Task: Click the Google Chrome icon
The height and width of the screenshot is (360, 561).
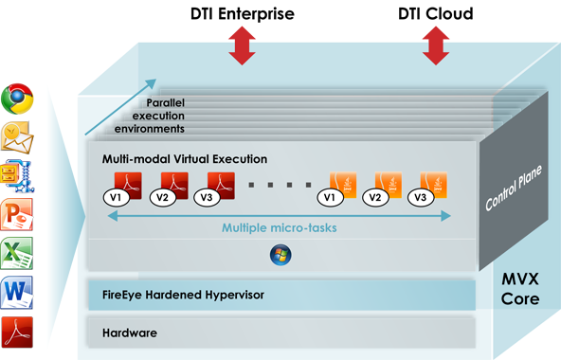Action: tap(18, 98)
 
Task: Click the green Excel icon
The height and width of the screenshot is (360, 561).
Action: tap(18, 251)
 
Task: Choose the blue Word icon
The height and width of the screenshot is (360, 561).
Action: tap(18, 290)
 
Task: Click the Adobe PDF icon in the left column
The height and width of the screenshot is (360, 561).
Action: tap(18, 330)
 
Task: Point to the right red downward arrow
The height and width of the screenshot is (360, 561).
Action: tap(436, 47)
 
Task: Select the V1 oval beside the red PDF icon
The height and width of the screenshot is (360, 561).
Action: tap(114, 197)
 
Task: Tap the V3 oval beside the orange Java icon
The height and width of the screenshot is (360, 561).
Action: tap(421, 197)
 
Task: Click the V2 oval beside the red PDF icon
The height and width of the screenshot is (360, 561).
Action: tap(162, 197)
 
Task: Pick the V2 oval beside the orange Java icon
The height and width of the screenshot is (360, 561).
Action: tap(375, 197)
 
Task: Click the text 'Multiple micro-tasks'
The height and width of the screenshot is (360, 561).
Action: tap(279, 228)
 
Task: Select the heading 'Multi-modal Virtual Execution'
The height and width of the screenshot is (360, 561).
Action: tap(178, 159)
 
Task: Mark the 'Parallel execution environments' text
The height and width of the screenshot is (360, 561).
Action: tap(157, 115)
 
